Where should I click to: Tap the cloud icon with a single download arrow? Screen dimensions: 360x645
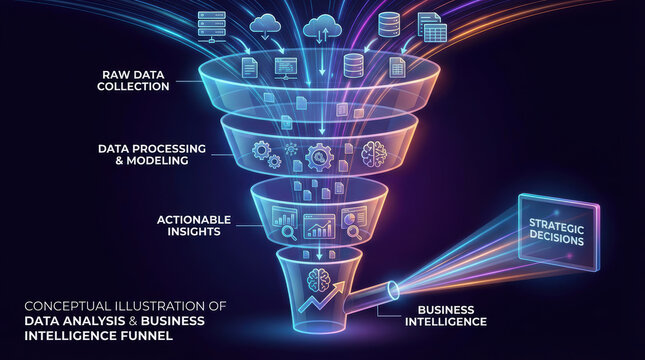pyautogui.click(x=267, y=27)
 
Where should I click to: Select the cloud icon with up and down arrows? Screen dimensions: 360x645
pyautogui.click(x=322, y=27)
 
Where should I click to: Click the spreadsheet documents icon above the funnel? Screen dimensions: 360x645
pyautogui.click(x=430, y=27)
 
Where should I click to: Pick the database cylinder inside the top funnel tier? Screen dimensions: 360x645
pyautogui.click(x=352, y=66)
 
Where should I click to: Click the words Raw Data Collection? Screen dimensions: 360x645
pyautogui.click(x=133, y=81)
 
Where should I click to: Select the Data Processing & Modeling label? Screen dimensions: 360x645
pyautogui.click(x=152, y=154)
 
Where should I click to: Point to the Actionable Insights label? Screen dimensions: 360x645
pyautogui.click(x=194, y=225)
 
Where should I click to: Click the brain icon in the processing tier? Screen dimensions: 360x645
pyautogui.click(x=374, y=153)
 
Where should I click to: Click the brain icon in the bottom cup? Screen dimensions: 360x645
pyautogui.click(x=322, y=280)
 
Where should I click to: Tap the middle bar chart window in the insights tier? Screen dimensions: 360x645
pyautogui.click(x=320, y=226)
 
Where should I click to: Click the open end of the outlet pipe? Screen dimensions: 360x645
pyautogui.click(x=392, y=290)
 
